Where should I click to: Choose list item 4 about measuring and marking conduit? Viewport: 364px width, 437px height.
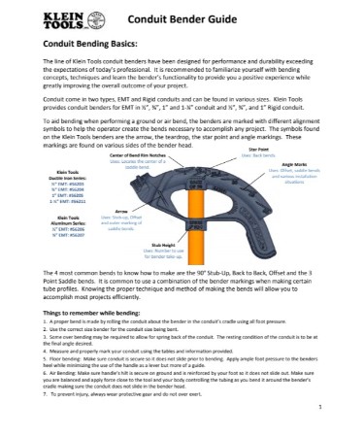(x=146, y=349)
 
